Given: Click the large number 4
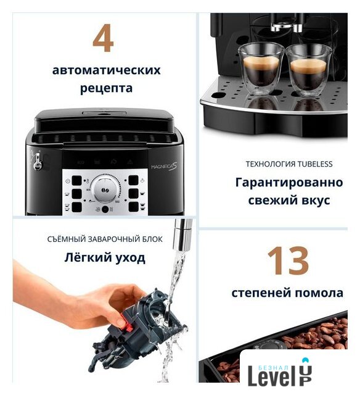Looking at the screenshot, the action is pos(103,38).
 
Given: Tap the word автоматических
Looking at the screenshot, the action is pos(106,70).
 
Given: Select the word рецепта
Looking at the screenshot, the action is pos(106,88).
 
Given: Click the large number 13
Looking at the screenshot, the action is pos(288,260).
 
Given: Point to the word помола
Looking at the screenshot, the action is pos(319,293).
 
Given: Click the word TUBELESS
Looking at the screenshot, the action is pos(315,164).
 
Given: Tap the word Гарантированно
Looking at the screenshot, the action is pos(289,183).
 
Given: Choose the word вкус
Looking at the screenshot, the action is pos(315,201).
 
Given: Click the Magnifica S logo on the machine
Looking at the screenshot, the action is pos(164,167).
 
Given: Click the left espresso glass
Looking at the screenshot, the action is pos(261,69).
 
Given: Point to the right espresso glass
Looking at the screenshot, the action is pos(309,71).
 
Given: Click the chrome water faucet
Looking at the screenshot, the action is pos(182,235).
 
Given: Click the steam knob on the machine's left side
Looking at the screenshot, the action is pos(38,161).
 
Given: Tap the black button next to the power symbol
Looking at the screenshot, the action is pos(76,181).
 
